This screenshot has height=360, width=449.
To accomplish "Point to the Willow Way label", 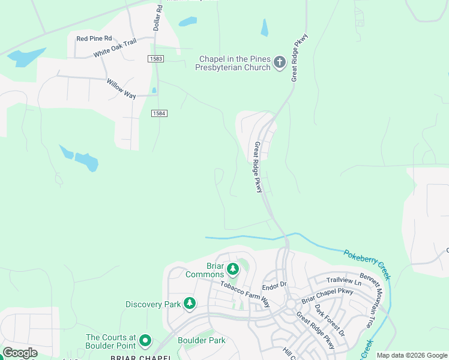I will point(121,88).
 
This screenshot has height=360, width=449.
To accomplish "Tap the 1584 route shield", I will point(158,113).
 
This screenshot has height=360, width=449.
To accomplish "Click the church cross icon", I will point(279,62).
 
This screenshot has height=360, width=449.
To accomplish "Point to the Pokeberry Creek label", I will point(367,264).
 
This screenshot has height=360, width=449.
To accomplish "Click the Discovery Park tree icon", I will point(190,304).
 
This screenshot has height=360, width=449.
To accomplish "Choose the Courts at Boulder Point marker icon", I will point(145,341).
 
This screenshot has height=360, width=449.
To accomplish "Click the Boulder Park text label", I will point(202,340).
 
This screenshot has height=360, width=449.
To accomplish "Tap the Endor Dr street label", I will point(276,286).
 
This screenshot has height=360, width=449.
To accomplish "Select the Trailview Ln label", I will point(344,281).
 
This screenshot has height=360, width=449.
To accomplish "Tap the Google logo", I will point(20,353).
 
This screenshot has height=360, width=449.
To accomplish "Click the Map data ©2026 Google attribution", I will point(411,356).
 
